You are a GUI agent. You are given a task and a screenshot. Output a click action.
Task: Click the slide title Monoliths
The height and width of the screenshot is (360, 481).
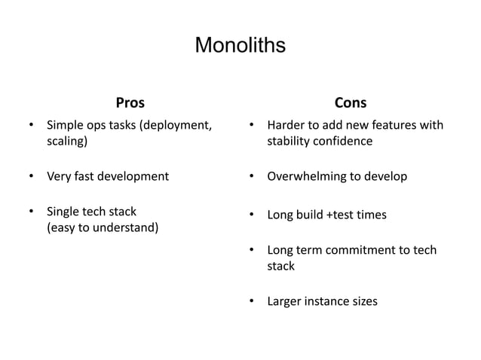[240, 45]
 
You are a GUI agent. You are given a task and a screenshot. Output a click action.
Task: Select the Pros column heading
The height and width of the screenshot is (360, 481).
[130, 102]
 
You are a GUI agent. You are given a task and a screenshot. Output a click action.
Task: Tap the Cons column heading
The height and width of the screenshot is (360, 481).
[351, 102]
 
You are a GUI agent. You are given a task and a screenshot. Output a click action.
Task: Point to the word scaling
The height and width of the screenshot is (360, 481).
[66, 141]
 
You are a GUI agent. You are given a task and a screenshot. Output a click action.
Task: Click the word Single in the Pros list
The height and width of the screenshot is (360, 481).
[63, 212]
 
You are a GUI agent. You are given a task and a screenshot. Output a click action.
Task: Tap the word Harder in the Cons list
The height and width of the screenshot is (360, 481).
[287, 125]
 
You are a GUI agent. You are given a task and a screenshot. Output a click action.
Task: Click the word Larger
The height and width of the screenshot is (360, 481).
[285, 302]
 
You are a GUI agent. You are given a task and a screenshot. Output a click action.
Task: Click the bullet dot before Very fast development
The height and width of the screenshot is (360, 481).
[31, 177]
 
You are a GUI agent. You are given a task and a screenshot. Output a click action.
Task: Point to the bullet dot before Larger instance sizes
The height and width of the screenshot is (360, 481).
[252, 302]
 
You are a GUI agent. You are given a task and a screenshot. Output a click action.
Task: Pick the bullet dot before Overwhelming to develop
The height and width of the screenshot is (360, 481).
[252, 177]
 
